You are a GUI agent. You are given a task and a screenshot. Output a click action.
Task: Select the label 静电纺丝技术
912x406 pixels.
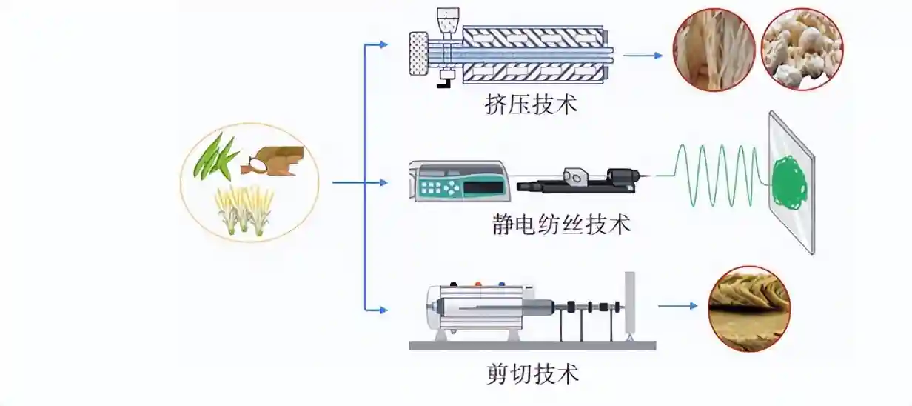click(561, 224)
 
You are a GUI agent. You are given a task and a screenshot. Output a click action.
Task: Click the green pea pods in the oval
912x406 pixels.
click(215, 156)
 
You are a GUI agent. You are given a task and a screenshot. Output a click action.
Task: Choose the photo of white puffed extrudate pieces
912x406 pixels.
click(802, 49)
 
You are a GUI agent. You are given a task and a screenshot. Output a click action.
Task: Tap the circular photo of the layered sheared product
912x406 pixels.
click(749, 308)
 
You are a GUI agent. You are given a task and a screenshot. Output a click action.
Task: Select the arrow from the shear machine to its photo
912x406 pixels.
click(677, 305)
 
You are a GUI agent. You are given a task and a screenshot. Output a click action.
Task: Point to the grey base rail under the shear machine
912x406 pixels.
click(532, 345)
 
